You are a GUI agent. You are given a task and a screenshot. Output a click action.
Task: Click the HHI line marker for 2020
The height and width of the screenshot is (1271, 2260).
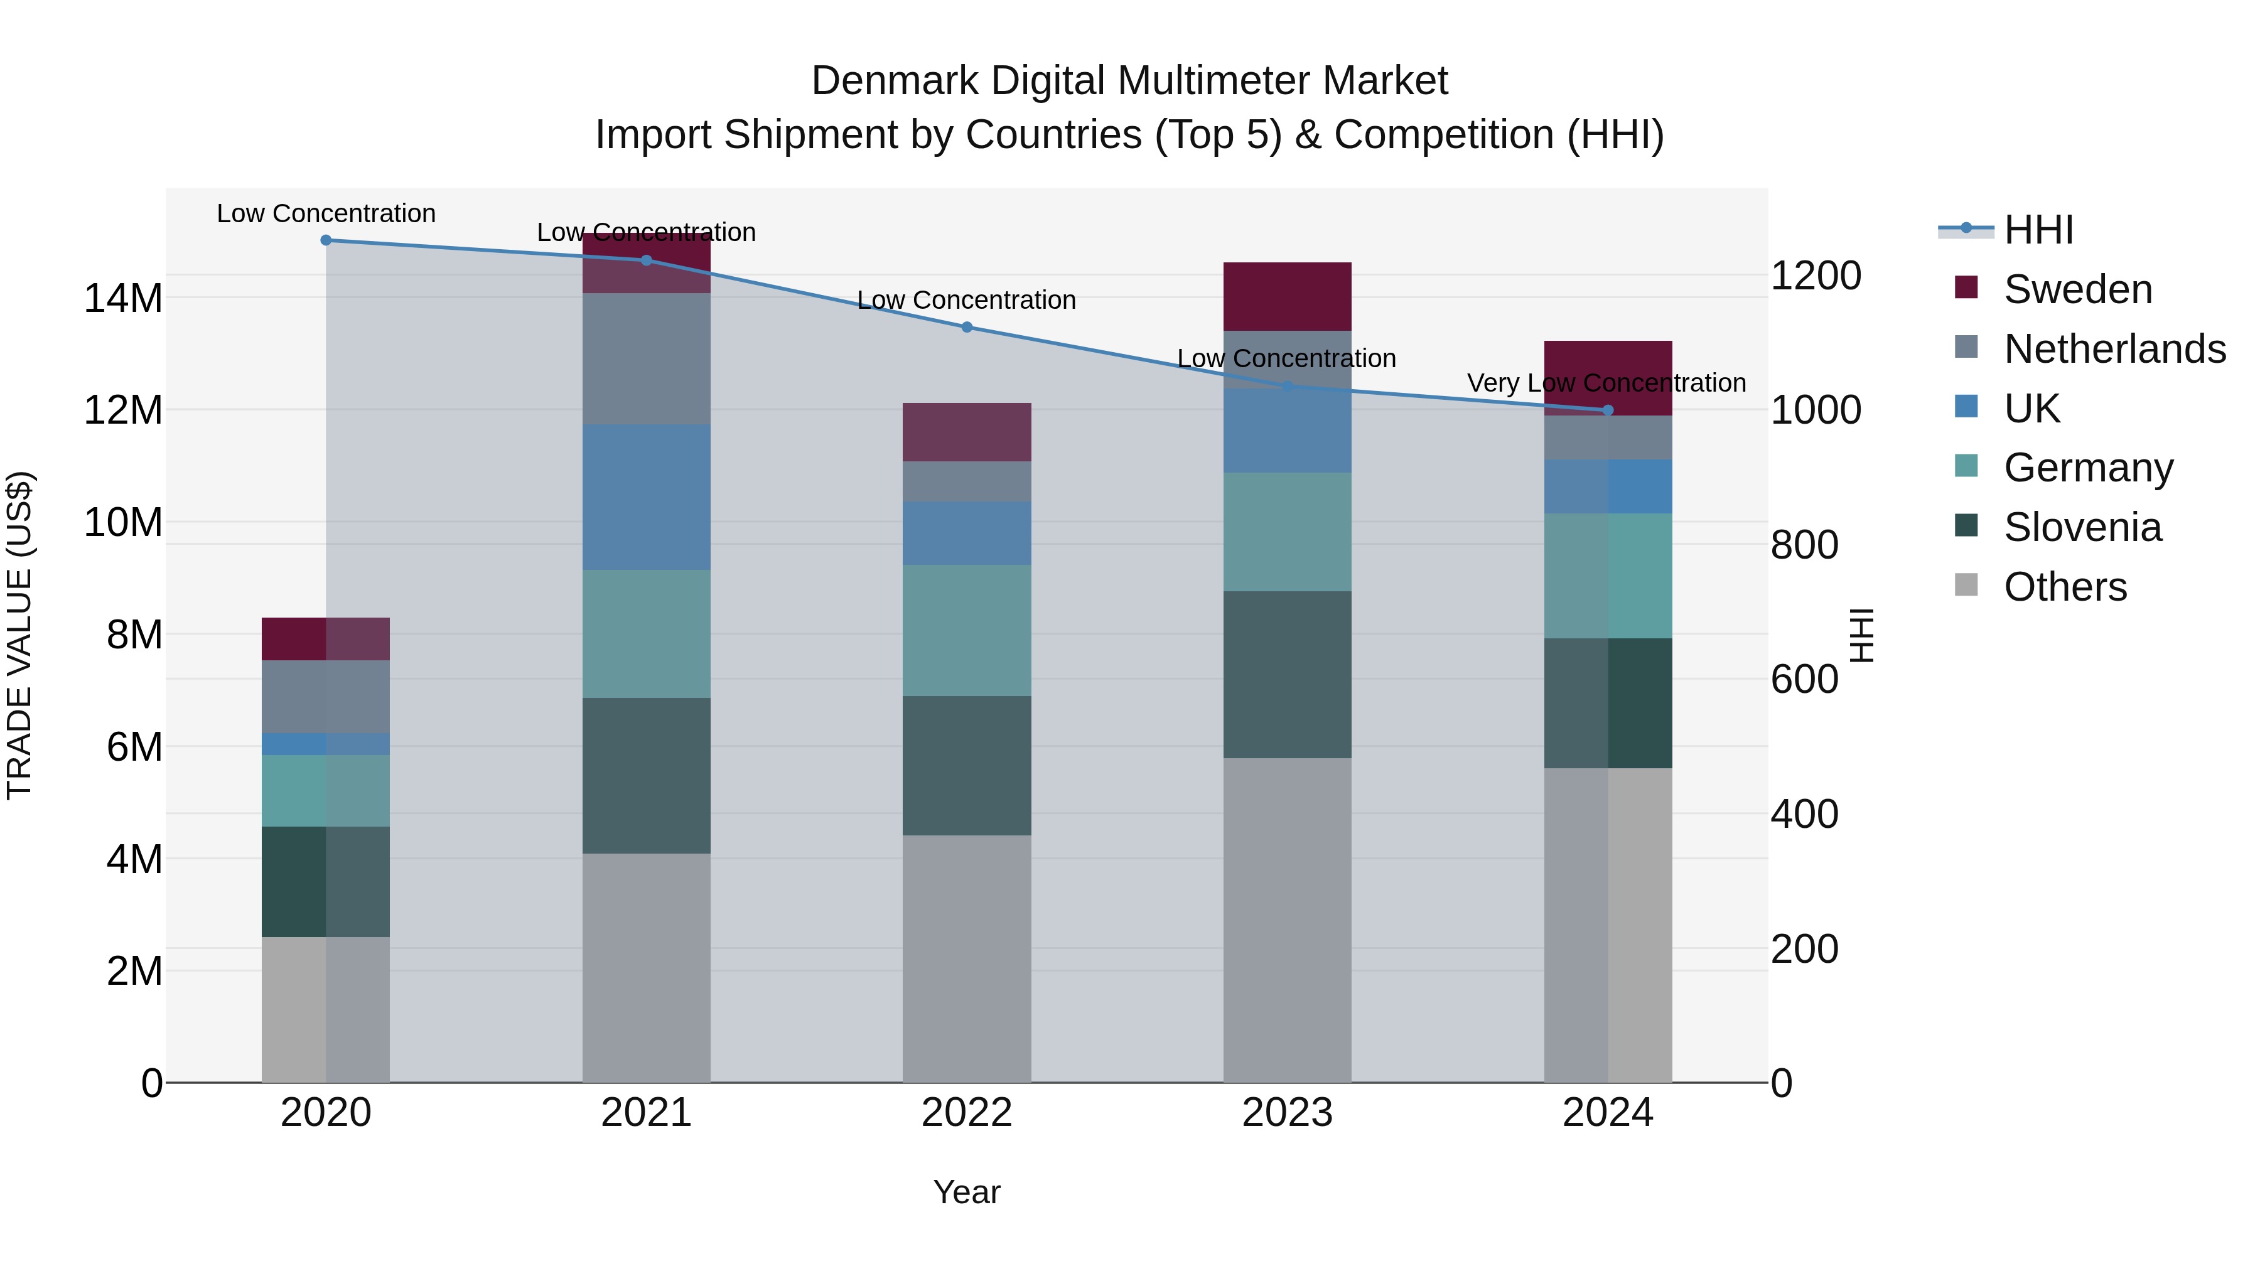[325, 240]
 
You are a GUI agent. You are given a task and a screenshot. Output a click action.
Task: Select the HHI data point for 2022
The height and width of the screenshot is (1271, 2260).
[967, 327]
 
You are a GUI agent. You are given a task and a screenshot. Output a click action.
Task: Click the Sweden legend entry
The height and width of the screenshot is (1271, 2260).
[2077, 289]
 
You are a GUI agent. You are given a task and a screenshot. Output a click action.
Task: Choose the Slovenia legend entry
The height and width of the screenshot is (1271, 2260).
[2082, 527]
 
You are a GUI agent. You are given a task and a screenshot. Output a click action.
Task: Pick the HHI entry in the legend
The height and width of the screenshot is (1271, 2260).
[2038, 230]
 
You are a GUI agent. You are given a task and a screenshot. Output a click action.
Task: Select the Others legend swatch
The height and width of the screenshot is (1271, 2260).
[1966, 585]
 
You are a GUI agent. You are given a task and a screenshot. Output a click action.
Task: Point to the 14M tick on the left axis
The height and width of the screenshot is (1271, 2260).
[123, 298]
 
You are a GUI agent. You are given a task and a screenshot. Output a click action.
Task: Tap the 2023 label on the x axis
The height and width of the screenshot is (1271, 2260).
[1287, 1113]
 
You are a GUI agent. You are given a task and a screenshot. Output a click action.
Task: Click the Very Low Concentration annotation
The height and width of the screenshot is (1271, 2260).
[1606, 383]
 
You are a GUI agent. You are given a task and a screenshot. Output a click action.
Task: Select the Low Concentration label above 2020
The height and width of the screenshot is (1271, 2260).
[325, 213]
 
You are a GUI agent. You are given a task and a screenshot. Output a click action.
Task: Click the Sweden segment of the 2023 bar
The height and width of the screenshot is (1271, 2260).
[1287, 296]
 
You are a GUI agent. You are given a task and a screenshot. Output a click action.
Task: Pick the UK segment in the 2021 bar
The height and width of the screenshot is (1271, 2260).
[646, 497]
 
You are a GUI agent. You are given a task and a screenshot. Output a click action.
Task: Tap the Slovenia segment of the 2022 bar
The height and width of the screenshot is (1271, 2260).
[967, 765]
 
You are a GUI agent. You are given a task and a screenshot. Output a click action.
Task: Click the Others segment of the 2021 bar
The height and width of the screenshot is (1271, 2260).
[646, 967]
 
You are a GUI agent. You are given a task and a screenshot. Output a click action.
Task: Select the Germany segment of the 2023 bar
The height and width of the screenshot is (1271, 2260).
[1287, 532]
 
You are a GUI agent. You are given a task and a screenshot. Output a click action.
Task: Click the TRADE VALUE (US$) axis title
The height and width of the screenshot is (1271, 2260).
[19, 635]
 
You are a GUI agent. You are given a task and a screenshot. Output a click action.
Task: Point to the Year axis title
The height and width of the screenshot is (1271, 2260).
[967, 1192]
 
